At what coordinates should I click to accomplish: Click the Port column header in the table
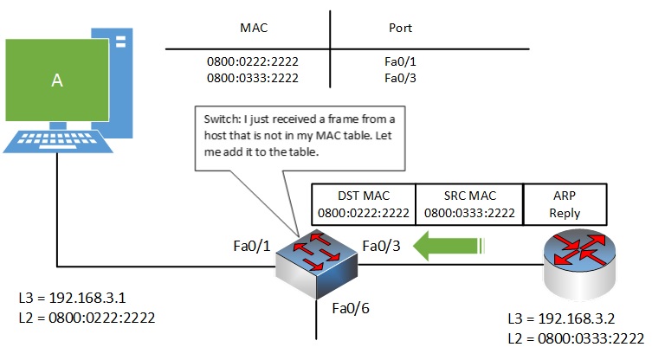pos(401,28)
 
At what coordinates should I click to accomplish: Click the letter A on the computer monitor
pos(57,80)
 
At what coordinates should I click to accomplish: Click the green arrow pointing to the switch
pos(446,247)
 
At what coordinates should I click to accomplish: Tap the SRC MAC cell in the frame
pos(468,203)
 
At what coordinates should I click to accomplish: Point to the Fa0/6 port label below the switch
pos(350,307)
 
